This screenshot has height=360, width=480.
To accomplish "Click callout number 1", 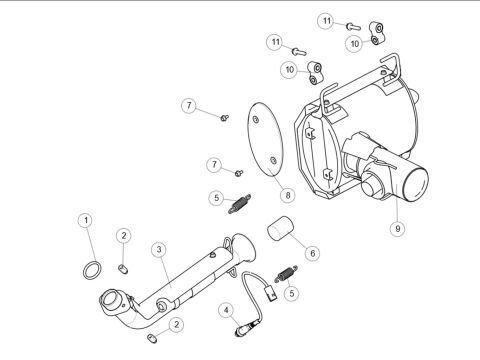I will tap(86, 220).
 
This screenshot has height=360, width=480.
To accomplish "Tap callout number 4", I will tap(228, 310).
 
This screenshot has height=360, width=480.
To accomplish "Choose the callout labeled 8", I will tap(287, 195).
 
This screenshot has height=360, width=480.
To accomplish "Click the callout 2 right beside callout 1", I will tap(122, 235).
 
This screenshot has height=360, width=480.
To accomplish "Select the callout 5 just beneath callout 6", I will tap(291, 293).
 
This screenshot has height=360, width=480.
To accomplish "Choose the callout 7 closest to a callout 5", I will tap(213, 164).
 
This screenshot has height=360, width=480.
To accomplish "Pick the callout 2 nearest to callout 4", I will tap(176, 324).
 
